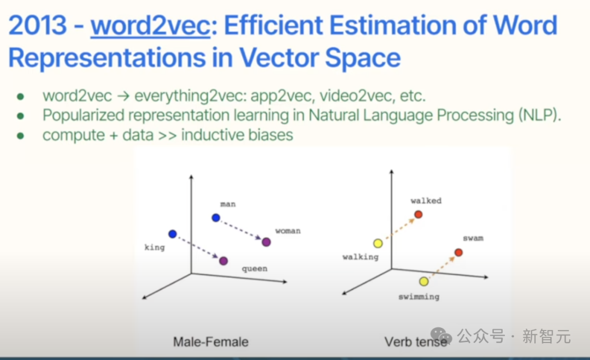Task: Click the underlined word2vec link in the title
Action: [x=150, y=26]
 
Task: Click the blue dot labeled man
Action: [x=216, y=217]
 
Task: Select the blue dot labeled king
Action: [x=173, y=234]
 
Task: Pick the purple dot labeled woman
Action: [x=267, y=242]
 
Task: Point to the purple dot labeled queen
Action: [x=223, y=261]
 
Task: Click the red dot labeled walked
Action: [x=418, y=215]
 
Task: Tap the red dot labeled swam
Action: [x=459, y=252]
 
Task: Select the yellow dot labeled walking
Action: [x=378, y=244]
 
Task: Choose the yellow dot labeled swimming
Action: [x=424, y=281]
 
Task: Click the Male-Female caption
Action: [x=211, y=342]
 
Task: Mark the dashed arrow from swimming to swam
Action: [x=442, y=267]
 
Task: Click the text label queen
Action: [x=255, y=269]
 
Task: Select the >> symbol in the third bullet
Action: [x=168, y=135]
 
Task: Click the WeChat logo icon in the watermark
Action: [x=441, y=335]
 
